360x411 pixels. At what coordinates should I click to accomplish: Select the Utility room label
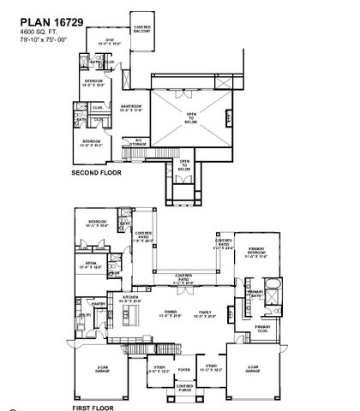pyautogui.click(x=86, y=315)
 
